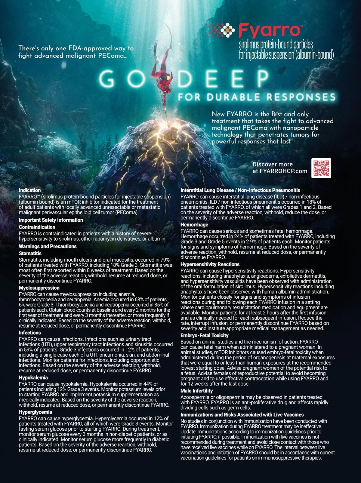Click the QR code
(x=321, y=168)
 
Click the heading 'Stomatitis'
(x=30, y=254)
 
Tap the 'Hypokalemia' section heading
(x=33, y=377)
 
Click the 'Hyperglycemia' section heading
(x=35, y=412)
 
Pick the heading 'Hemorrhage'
(x=194, y=225)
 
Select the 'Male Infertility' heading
(x=196, y=391)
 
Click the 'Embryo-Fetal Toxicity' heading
(x=205, y=335)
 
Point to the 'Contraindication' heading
(x=37, y=227)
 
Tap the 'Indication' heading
(x=30, y=190)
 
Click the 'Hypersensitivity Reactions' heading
(x=210, y=264)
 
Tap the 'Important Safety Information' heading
(x=51, y=220)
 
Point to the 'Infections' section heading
(x=30, y=333)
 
